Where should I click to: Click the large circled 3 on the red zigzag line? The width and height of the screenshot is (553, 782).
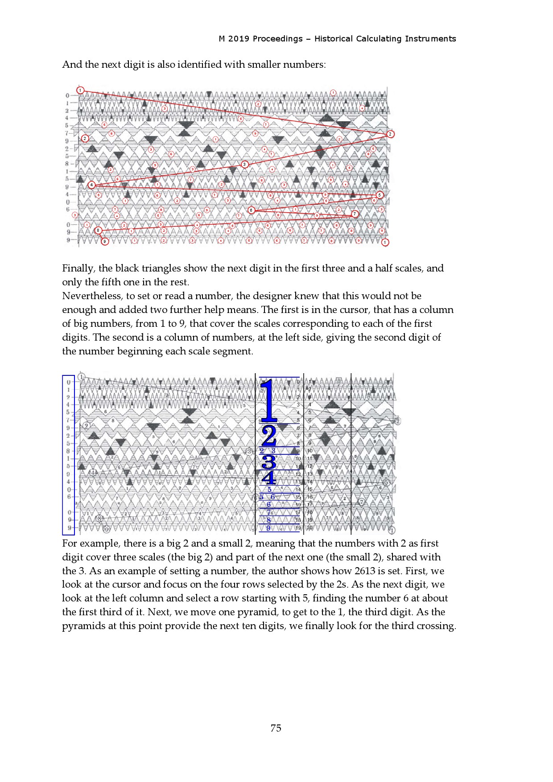point(244,164)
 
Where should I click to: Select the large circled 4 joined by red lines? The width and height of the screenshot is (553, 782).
point(91,185)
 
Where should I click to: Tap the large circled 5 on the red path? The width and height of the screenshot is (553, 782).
point(380,195)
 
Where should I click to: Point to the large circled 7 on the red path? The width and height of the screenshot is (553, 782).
point(355,214)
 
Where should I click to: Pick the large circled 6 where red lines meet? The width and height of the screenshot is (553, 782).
point(251,210)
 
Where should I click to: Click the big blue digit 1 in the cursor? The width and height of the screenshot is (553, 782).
point(268,400)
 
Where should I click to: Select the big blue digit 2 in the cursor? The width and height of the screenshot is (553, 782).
point(269,436)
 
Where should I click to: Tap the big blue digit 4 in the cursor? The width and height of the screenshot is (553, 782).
point(268,478)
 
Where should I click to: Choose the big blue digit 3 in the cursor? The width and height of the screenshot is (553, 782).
point(268,462)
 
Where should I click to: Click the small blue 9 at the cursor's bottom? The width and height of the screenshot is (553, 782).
point(268,528)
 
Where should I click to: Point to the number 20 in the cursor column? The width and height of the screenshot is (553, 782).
point(310,528)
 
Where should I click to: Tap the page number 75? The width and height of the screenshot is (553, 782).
point(276,728)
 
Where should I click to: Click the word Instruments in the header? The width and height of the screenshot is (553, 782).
point(430,39)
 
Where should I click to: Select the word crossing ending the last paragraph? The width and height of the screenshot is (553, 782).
point(436,626)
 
